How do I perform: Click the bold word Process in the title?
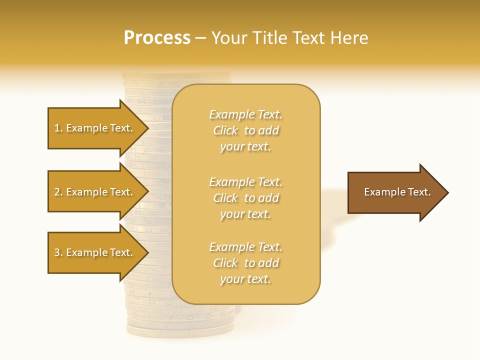[157, 38]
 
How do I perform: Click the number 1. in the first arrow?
[58, 128]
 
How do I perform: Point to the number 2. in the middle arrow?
[58, 192]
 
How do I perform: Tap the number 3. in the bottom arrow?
[58, 252]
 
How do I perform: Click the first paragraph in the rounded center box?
[245, 130]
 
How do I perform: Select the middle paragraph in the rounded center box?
[245, 198]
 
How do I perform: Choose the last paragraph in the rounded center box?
[245, 263]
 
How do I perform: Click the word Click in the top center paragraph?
[225, 130]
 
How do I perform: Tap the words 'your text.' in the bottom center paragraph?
[245, 279]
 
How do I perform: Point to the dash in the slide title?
[201, 38]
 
